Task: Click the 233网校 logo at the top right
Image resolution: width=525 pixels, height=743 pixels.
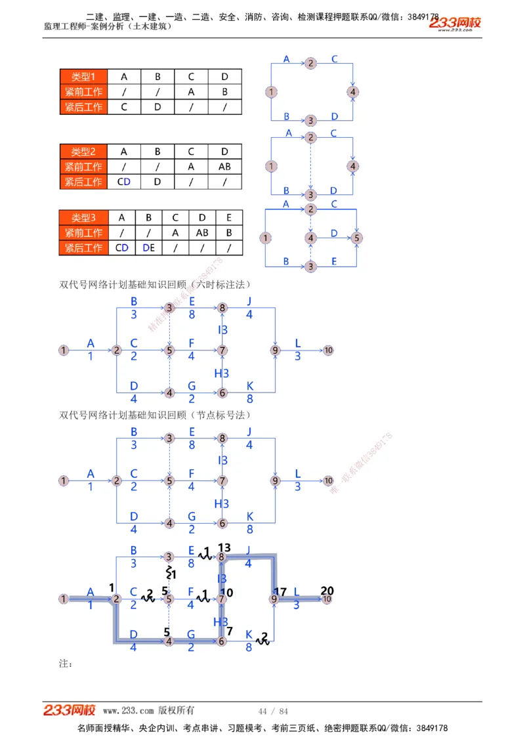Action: click(455, 23)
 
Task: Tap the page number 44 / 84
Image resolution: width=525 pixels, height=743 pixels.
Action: click(274, 711)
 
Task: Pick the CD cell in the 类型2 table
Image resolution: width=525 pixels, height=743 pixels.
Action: click(123, 182)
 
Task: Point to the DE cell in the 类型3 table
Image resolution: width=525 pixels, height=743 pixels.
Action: click(148, 247)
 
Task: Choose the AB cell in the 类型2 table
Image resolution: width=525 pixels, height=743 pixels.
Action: click(224, 167)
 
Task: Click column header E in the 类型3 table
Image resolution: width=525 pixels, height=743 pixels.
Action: click(228, 218)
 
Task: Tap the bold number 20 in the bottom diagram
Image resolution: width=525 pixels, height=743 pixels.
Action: click(327, 590)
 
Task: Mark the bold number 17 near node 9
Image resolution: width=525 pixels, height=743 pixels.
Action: click(281, 591)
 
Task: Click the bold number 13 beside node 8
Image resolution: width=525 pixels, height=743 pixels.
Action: click(224, 547)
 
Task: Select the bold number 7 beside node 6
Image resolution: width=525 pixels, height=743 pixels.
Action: click(230, 631)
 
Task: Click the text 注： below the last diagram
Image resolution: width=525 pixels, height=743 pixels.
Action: click(66, 664)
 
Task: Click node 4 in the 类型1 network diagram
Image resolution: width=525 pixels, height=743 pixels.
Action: click(354, 92)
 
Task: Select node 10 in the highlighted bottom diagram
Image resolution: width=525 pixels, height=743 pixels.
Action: click(327, 599)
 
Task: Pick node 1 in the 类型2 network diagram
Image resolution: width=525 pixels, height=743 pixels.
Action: click(271, 166)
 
